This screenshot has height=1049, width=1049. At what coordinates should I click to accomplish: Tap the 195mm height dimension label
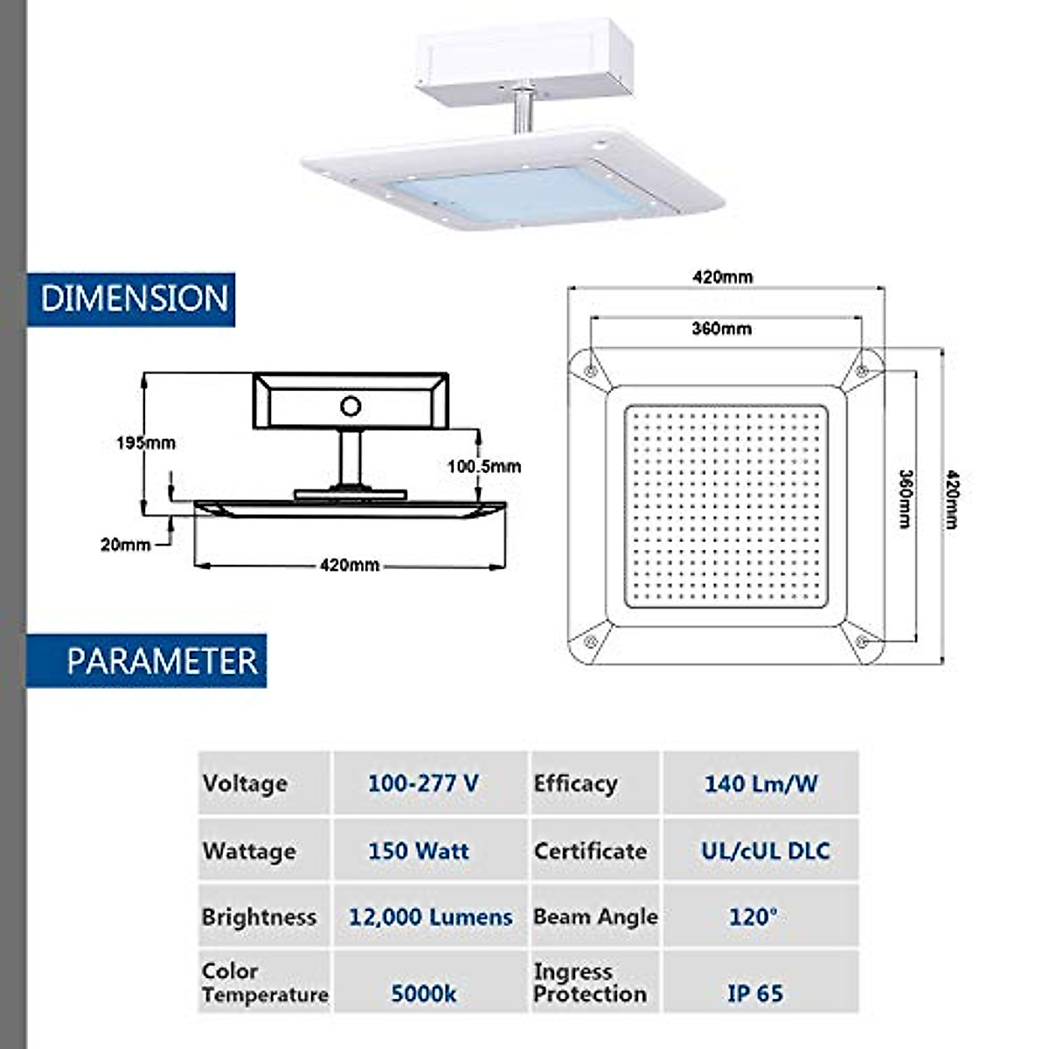146,443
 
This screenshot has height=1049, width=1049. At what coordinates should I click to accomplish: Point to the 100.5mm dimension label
483,467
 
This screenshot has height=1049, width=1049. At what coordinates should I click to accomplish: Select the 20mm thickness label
125,545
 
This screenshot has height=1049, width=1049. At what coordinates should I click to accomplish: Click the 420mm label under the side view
350,566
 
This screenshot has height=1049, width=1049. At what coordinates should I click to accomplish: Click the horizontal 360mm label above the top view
721,329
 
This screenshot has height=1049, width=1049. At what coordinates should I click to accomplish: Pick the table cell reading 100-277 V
423,783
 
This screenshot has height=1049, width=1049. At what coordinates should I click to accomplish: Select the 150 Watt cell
418,851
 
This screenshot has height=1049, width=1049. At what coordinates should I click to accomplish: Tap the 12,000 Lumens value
430,917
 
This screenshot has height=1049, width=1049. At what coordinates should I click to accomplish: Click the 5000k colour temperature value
423,993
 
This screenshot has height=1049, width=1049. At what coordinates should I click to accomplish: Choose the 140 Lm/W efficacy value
761,783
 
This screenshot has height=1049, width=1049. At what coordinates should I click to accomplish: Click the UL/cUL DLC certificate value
765,851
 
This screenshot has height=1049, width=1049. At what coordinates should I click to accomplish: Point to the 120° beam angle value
753,917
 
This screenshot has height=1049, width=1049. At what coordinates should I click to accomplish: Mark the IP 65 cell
755,993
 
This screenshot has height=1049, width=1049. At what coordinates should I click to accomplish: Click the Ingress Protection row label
590,983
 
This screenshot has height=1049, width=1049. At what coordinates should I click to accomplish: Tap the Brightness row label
259,917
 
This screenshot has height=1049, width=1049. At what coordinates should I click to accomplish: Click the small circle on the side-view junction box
351,406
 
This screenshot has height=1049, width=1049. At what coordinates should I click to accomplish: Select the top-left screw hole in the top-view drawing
591,371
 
